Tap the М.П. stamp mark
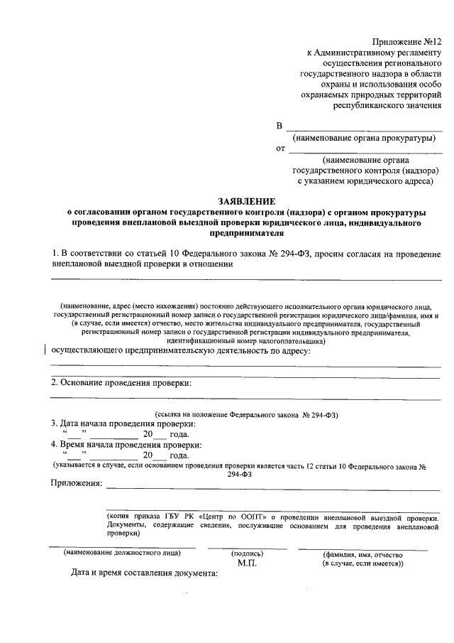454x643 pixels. pyautogui.click(x=247, y=563)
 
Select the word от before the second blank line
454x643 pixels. pyautogui.click(x=280, y=149)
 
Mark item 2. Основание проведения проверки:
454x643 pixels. pyautogui.click(x=121, y=384)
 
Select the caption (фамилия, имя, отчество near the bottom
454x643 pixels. pyautogui.click(x=362, y=554)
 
